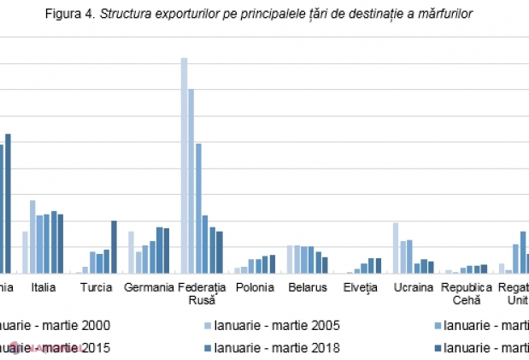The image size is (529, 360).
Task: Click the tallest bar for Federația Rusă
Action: (184, 166)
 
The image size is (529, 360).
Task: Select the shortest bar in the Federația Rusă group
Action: (220, 252)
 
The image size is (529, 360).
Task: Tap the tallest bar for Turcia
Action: (114, 247)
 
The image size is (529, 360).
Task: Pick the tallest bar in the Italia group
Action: (32, 237)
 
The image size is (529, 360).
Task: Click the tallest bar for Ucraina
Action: (396, 248)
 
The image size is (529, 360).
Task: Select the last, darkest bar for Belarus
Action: (325, 265)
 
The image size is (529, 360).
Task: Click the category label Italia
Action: (44, 287)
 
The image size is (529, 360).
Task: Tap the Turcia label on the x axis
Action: (97, 287)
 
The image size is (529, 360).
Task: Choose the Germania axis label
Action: (149, 287)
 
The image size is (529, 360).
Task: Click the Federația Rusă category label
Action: (203, 293)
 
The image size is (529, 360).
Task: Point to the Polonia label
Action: (256, 287)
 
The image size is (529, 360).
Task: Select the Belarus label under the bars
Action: (308, 287)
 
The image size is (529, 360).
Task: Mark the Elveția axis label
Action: (361, 287)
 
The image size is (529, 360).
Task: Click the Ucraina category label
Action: (414, 287)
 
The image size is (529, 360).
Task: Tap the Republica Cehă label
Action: (467, 293)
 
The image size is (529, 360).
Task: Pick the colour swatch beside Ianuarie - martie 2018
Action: (206, 347)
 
